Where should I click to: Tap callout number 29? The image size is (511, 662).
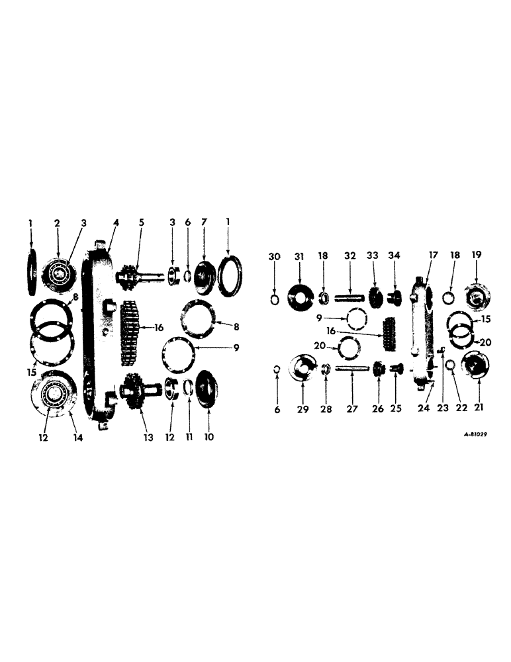302,410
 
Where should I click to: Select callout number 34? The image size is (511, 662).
395,256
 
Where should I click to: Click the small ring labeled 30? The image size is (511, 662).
275,300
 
